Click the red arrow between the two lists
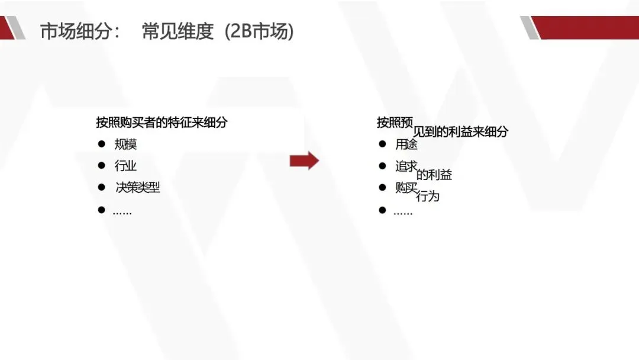point(304,160)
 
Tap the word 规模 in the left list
point(125,144)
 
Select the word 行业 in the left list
point(125,166)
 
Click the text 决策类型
point(137,188)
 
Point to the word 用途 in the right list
point(406,144)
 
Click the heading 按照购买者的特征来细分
point(162,123)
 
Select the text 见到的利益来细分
point(460,132)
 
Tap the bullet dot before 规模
point(102,144)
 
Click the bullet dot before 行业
point(102,165)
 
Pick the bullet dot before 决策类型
point(102,187)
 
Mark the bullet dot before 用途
point(382,144)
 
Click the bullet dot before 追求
point(382,165)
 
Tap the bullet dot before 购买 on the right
point(382,187)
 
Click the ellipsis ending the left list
point(122,212)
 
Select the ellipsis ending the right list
point(403,212)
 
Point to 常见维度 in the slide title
point(177,31)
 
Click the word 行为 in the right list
point(428,196)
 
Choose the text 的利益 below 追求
point(434,175)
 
